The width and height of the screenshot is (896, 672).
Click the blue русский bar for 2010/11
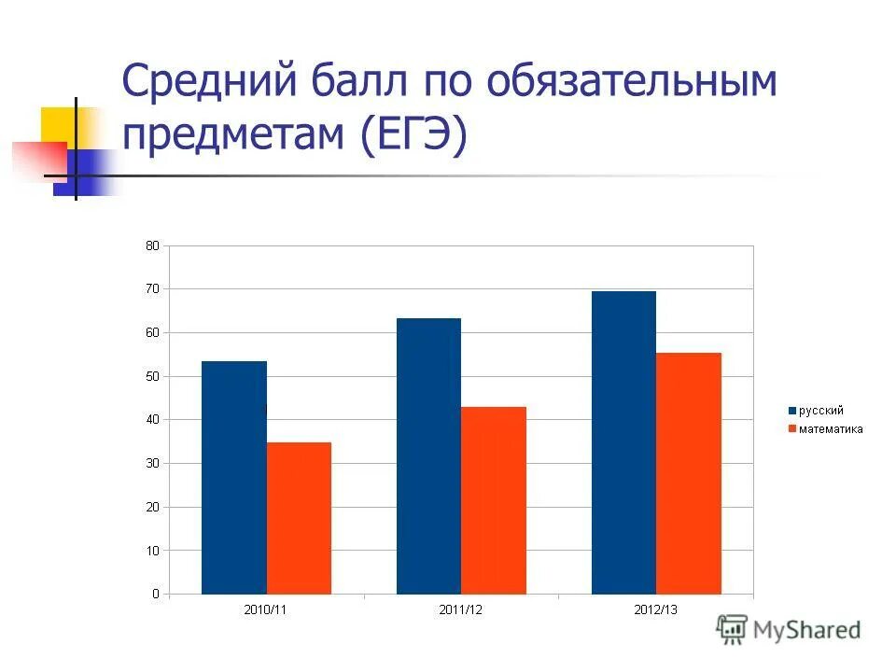tap(233, 477)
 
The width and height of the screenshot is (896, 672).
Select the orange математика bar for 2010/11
tap(299, 518)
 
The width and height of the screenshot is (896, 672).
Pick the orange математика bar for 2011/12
tap(494, 500)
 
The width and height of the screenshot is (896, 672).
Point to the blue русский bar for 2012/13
tap(623, 442)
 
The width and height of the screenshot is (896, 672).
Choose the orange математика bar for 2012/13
tap(689, 473)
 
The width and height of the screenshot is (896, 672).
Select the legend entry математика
tap(825, 429)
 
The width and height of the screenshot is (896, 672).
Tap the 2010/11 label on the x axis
tap(266, 609)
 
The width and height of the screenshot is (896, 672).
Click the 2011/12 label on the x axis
tap(461, 609)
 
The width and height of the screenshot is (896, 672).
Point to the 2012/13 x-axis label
tap(656, 609)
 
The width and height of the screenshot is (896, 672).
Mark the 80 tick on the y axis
tap(152, 245)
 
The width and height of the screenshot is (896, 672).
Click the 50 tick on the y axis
tap(152, 376)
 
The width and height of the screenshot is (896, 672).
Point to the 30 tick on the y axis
tap(152, 464)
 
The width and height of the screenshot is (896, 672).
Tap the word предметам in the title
tap(233, 137)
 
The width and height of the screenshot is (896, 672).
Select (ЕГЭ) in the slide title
tap(411, 137)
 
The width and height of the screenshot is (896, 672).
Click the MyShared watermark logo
tap(789, 629)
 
